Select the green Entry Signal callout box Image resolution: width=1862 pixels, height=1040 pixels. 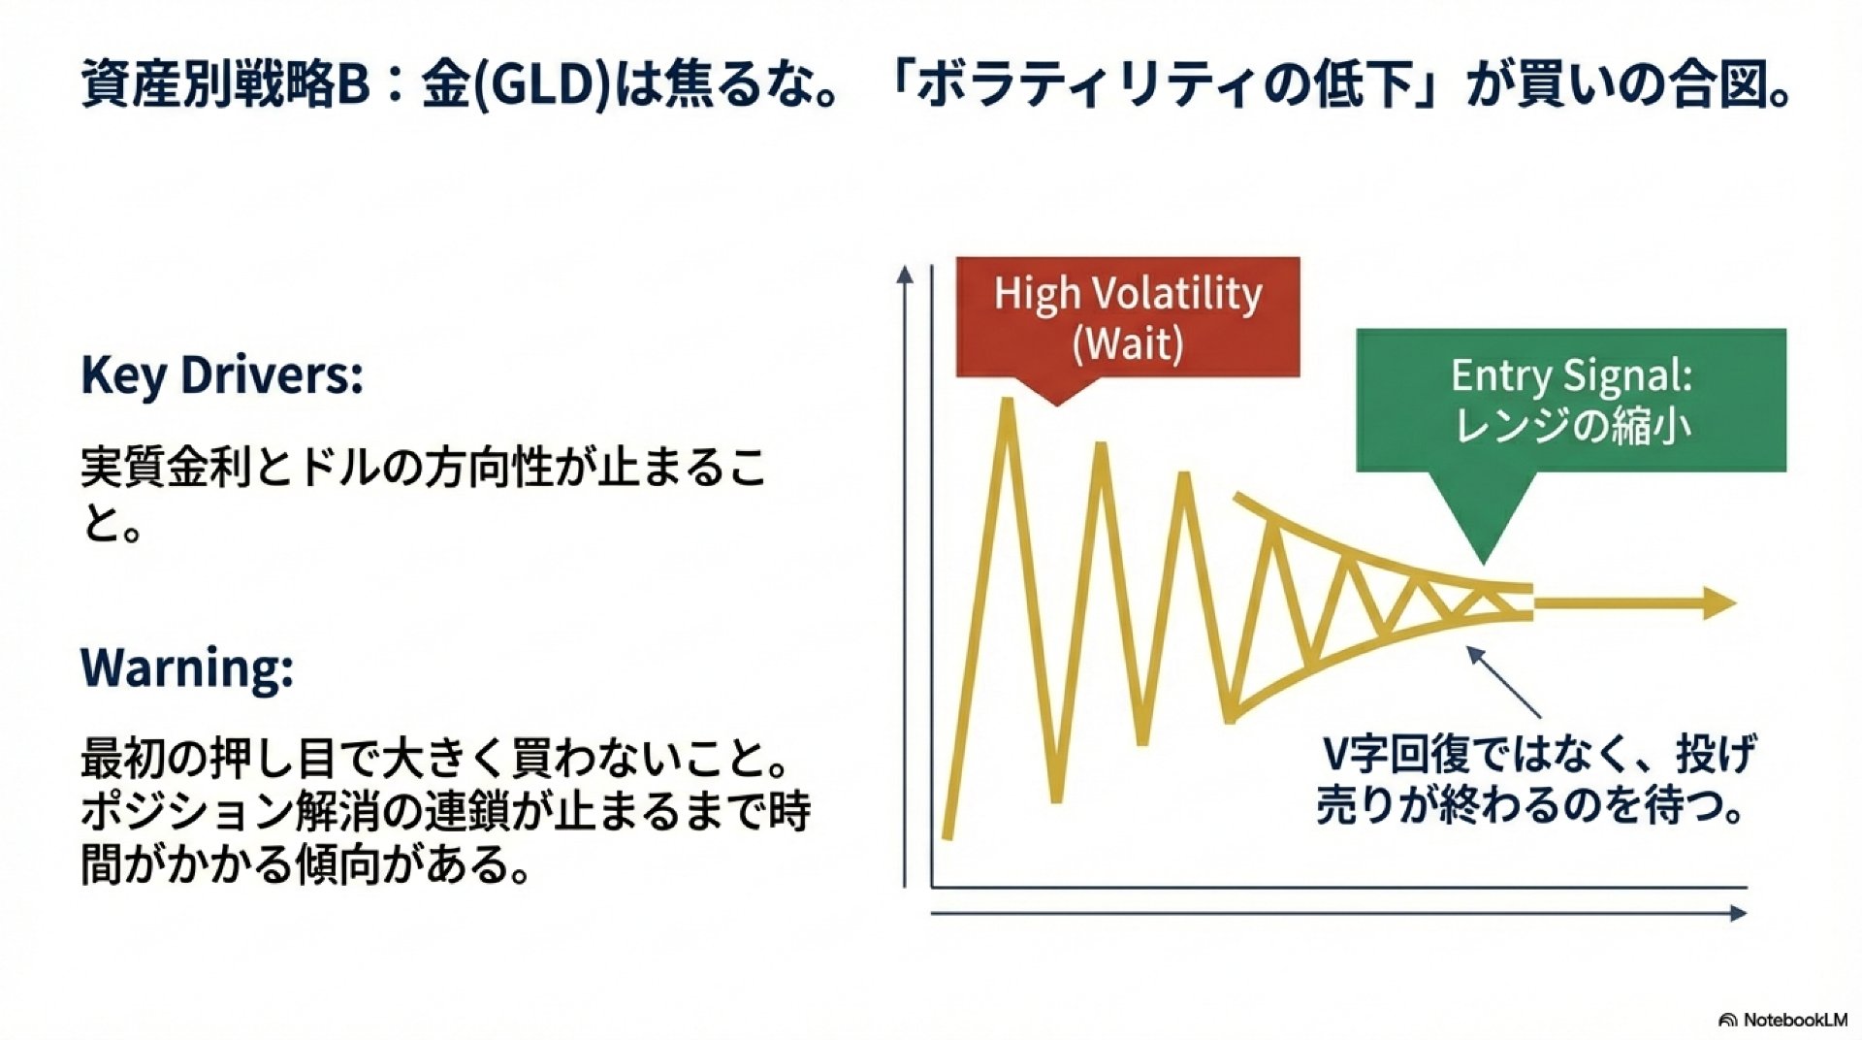(1570, 402)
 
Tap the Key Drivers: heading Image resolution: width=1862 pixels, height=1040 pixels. (222, 376)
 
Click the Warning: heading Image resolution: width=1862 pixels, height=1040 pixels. (187, 667)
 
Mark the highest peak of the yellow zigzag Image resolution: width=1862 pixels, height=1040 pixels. (1008, 401)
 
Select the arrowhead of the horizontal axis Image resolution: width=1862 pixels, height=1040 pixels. (1738, 913)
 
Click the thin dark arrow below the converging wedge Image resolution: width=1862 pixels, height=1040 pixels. (1503, 681)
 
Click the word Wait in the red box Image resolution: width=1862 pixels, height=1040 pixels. (1128, 344)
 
